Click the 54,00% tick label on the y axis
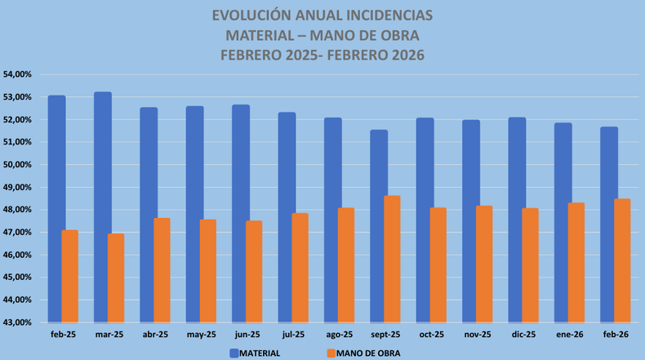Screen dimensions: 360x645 click(x=17, y=74)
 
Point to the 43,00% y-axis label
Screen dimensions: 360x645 click(x=17, y=322)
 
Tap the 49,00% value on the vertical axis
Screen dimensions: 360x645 click(x=17, y=187)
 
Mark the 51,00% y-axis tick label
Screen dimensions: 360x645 click(x=17, y=142)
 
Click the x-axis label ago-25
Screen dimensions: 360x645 click(x=339, y=335)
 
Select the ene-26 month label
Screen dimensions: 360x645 click(x=569, y=335)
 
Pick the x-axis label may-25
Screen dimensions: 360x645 click(x=201, y=335)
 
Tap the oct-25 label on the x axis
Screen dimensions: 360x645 click(x=431, y=335)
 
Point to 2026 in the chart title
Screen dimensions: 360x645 click(x=407, y=55)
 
